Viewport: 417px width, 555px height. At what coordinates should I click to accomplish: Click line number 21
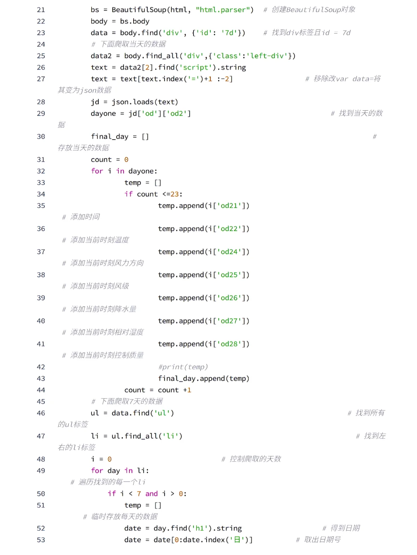click(41, 10)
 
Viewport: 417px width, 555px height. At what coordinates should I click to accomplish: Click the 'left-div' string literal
click(268, 56)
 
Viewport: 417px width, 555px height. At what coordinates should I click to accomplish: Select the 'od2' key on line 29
click(177, 113)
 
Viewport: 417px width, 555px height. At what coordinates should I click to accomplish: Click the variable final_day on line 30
click(110, 137)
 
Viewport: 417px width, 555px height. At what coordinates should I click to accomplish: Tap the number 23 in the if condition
click(175, 194)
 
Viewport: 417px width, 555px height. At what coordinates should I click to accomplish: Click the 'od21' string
click(229, 206)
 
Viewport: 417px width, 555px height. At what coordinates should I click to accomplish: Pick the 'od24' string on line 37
click(229, 252)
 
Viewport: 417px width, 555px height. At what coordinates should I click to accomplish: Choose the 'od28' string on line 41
click(229, 344)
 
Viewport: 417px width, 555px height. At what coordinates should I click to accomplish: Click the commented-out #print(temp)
click(183, 367)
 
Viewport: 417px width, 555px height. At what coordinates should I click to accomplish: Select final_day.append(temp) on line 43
click(203, 378)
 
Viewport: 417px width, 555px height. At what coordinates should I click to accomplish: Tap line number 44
click(41, 390)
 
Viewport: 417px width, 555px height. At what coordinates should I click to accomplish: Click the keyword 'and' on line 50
click(151, 494)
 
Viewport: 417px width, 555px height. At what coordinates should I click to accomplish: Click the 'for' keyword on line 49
click(97, 471)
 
